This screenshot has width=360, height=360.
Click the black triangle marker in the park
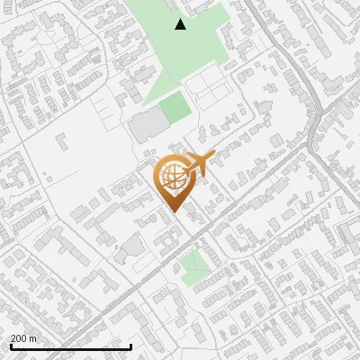click(180, 24)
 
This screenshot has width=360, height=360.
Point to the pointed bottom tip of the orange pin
click(171, 213)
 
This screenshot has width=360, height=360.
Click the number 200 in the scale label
click(19, 338)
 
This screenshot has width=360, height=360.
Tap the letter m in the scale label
click(33, 338)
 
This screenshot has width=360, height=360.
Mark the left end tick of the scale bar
click(9, 346)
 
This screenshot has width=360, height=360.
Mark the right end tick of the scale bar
click(131, 346)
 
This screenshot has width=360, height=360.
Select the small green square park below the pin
click(192, 265)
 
